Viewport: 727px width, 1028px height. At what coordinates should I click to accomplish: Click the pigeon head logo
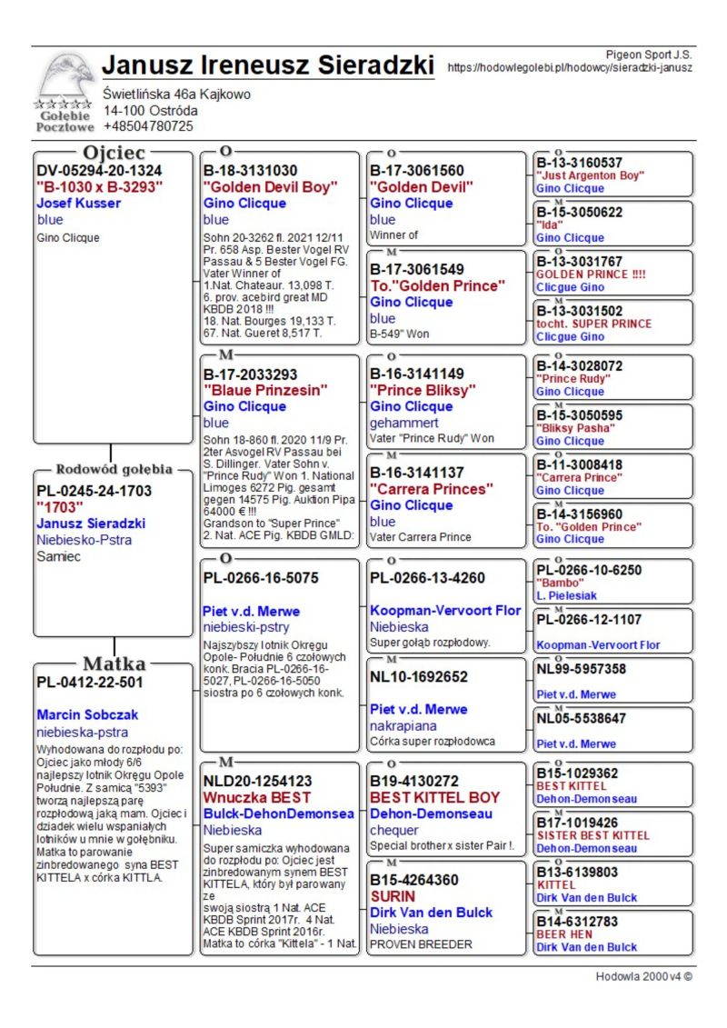click(x=66, y=78)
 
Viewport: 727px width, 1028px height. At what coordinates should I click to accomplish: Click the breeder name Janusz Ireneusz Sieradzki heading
click(x=268, y=65)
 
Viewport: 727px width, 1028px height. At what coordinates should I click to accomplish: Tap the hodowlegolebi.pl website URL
click(x=570, y=67)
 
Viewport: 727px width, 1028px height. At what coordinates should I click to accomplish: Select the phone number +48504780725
click(x=148, y=126)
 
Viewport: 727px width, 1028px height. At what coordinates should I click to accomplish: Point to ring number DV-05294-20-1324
click(x=99, y=170)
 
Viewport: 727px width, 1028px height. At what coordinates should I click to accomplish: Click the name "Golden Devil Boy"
click(x=270, y=187)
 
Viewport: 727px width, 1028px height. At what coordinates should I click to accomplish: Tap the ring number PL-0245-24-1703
click(x=95, y=491)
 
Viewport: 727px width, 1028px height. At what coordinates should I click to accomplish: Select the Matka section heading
click(x=114, y=663)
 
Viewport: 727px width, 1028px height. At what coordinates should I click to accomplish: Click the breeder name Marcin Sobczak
click(x=87, y=715)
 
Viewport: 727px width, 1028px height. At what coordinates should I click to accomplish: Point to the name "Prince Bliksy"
click(x=423, y=390)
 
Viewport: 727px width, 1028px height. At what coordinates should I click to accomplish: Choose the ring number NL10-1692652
click(x=419, y=676)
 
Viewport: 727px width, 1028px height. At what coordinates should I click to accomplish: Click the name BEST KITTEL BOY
click(x=434, y=797)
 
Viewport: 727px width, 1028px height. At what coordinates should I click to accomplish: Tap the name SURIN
click(x=393, y=896)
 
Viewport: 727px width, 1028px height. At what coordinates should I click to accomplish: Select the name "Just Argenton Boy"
click(x=590, y=175)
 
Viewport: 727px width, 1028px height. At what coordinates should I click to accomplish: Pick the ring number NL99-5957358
click(x=581, y=669)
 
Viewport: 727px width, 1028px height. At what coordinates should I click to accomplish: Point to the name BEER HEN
click(x=566, y=933)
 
